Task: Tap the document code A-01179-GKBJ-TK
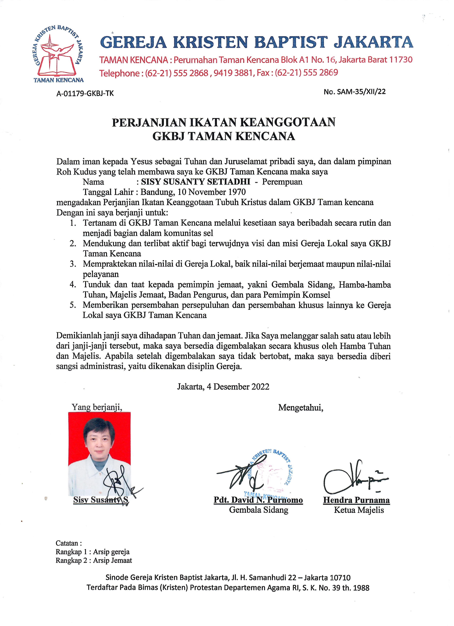click(x=85, y=94)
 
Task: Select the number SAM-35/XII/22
click(x=360, y=92)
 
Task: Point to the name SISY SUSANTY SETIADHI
click(x=195, y=182)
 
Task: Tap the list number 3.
click(x=73, y=264)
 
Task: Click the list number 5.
click(x=73, y=305)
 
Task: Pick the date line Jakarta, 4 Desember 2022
click(x=223, y=386)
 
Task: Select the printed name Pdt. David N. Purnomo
click(x=258, y=500)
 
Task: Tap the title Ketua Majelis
click(x=359, y=510)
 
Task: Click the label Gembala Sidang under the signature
click(x=259, y=510)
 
